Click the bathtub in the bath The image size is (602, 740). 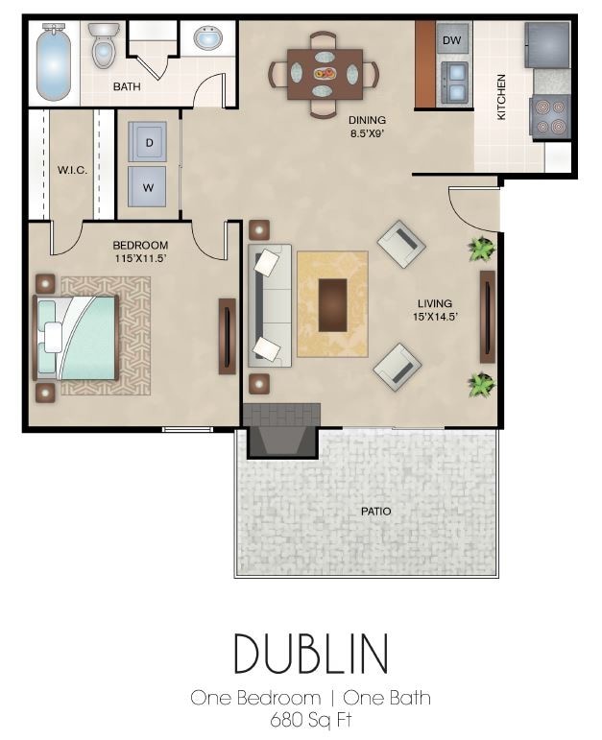pyautogui.click(x=54, y=62)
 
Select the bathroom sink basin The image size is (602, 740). pyautogui.click(x=207, y=39)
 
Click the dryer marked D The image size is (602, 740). pyautogui.click(x=148, y=142)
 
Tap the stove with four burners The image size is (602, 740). pyautogui.click(x=551, y=117)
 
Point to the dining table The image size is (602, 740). pyautogui.click(x=324, y=73)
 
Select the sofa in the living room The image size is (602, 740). pyautogui.click(x=268, y=304)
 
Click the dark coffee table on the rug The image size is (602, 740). pyautogui.click(x=332, y=304)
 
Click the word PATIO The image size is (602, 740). pyautogui.click(x=375, y=511)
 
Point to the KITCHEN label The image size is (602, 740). pyautogui.click(x=502, y=97)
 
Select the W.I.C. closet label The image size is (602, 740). pyautogui.click(x=73, y=170)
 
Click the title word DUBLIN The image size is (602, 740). pyautogui.click(x=310, y=654)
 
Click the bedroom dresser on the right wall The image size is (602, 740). pyautogui.click(x=227, y=335)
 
